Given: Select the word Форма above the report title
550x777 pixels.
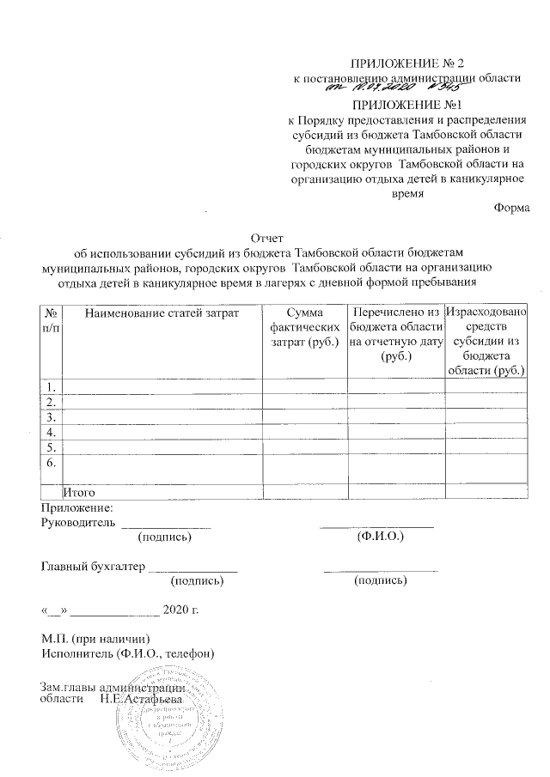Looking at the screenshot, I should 513,209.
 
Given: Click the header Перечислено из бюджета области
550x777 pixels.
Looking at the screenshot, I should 396,335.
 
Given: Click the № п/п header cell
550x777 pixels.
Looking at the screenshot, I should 52,321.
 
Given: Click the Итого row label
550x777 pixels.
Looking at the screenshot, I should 77,493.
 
